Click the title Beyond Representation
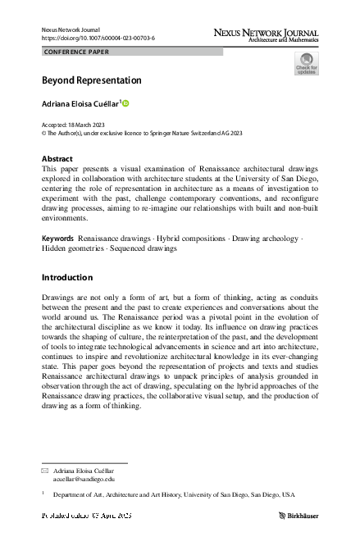[91, 80]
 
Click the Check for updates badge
[306, 64]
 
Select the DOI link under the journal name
[98, 39]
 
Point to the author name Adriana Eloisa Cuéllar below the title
[80, 104]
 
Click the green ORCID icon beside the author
[126, 103]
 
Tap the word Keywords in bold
[57, 238]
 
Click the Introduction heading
[66, 277]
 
